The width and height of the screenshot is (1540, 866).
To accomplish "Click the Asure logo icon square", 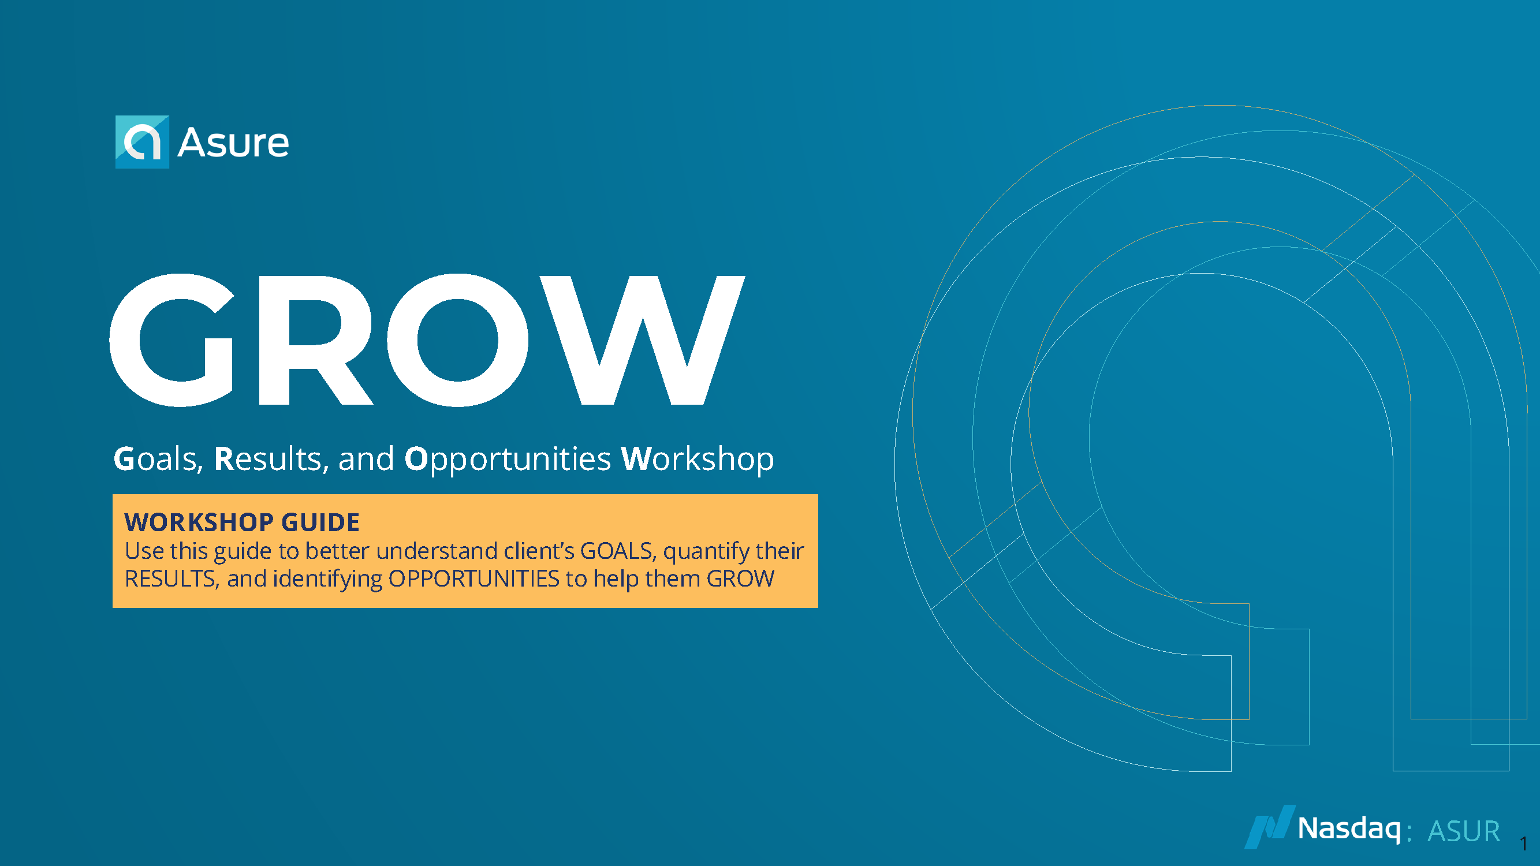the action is [x=142, y=141].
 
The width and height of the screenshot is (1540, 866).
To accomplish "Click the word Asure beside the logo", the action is [x=234, y=143].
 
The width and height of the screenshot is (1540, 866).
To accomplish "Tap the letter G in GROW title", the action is [x=171, y=340].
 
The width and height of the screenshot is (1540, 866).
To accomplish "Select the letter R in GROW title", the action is [x=316, y=341].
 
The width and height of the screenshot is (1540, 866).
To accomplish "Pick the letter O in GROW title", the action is [x=457, y=340].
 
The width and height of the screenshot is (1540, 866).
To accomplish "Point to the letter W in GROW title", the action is [x=643, y=341].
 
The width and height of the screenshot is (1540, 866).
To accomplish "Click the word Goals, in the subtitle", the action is [x=158, y=459].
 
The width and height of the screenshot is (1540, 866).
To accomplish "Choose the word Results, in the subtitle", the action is [x=271, y=459].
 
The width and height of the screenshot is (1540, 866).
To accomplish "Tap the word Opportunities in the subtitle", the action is [x=508, y=460].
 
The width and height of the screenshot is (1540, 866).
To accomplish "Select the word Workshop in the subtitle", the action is [x=698, y=460].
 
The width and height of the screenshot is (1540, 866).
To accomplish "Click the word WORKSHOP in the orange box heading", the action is [x=199, y=522].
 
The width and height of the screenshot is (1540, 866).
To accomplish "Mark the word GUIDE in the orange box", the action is [x=320, y=522].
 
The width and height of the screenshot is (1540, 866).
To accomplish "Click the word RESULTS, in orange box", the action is [x=171, y=579].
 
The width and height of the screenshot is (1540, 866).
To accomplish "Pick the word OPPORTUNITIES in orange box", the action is [x=473, y=578].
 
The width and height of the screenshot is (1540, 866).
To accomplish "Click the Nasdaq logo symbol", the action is [x=1270, y=827].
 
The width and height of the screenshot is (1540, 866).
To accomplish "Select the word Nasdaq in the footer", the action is [x=1349, y=830].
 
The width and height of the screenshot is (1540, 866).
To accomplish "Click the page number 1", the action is [x=1524, y=844].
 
